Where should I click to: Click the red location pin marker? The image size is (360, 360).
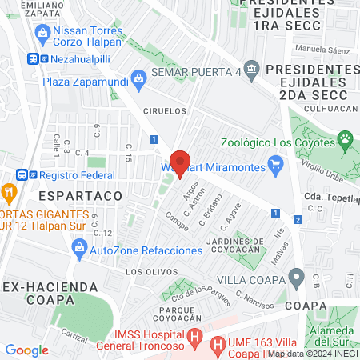(180, 162)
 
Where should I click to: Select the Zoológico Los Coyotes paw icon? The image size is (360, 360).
(346, 142)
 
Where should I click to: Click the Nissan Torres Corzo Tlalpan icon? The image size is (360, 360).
(44, 33)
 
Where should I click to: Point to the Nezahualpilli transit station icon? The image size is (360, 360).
(33, 58)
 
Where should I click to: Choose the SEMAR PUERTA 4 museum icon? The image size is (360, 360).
(252, 69)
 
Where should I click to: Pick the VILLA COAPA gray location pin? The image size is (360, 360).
(297, 280)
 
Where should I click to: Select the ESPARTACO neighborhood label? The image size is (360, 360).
(80, 195)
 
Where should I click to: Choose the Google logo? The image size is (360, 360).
(27, 350)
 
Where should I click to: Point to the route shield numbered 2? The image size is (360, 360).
(298, 219)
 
